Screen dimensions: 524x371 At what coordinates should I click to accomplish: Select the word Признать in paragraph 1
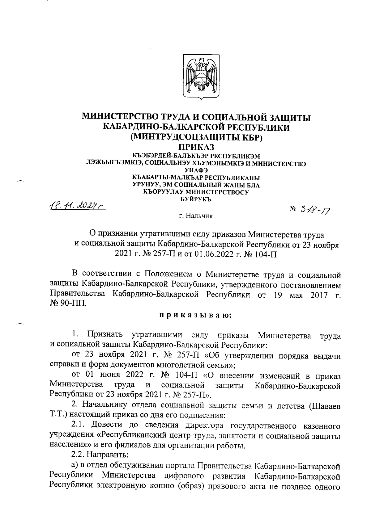[x=105, y=335]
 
